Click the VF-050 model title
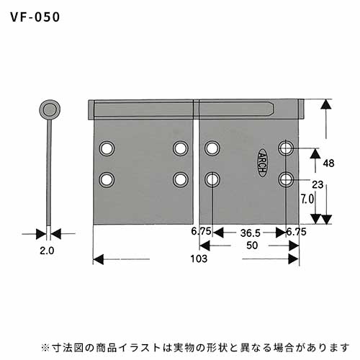[x=35, y=17]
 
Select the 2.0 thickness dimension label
[x=47, y=251]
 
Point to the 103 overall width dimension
[x=199, y=258]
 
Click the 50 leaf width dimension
[x=252, y=246]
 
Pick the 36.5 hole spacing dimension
[x=251, y=233]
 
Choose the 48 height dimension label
[x=328, y=163]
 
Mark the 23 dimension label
[x=318, y=185]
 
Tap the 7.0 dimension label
[x=307, y=199]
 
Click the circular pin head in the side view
[x=50, y=109]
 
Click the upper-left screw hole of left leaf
[x=107, y=148]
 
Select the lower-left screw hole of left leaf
[x=107, y=180]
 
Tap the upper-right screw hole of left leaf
[x=181, y=148]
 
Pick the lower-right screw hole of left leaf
[x=181, y=180]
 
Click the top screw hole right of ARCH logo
[x=286, y=148]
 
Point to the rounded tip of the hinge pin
[x=273, y=109]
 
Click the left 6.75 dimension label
[x=201, y=231]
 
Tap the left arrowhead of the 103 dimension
[x=98, y=259]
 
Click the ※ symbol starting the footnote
[x=45, y=347]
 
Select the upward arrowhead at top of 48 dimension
[x=326, y=104]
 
